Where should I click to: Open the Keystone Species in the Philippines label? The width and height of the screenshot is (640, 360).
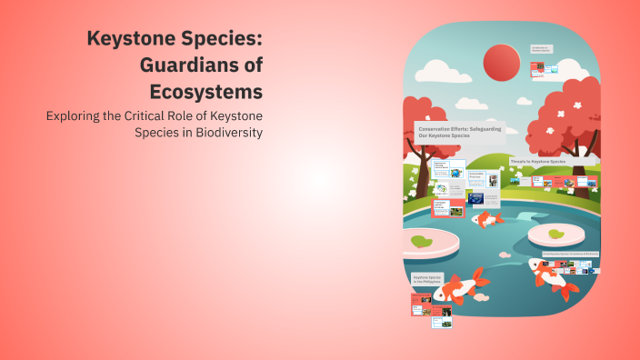coord(426,280)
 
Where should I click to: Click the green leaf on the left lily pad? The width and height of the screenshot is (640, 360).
coord(420,242)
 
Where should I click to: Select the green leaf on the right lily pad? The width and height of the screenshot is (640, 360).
coord(555,234)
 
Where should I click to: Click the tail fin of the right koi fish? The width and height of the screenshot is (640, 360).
coord(567,289)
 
